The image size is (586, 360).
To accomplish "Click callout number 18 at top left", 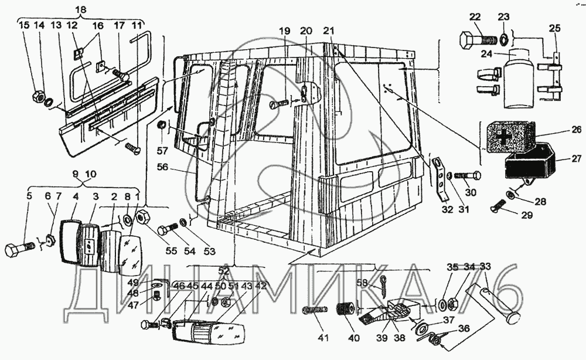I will (x=80, y=9).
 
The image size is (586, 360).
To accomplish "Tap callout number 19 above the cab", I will (x=285, y=30).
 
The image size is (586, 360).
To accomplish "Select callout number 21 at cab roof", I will (x=329, y=30).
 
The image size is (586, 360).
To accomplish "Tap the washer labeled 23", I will (x=503, y=40).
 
